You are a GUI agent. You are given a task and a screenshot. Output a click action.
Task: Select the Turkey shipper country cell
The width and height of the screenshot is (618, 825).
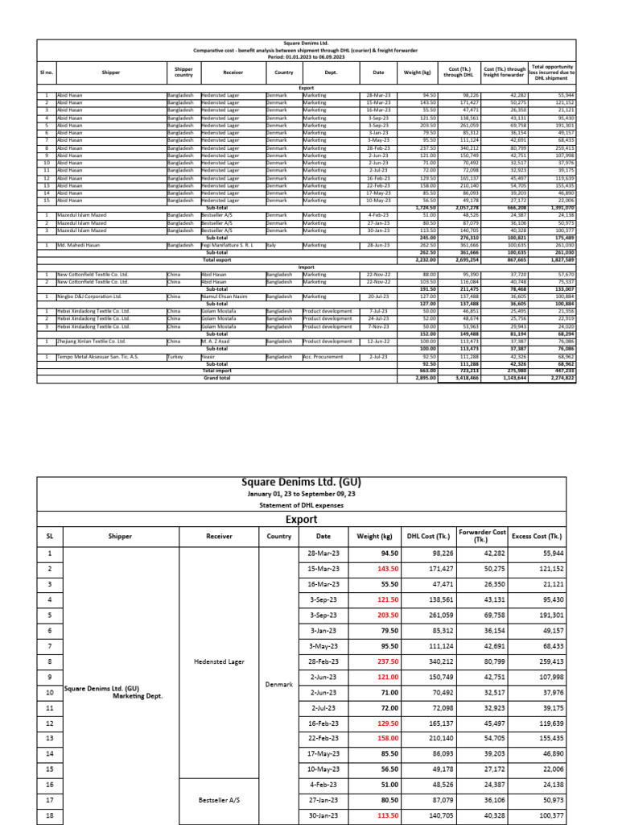(x=175, y=356)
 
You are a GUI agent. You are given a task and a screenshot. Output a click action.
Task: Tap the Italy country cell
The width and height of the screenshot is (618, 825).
(x=271, y=244)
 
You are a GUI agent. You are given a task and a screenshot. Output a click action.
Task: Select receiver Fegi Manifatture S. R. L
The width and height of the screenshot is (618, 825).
(x=229, y=244)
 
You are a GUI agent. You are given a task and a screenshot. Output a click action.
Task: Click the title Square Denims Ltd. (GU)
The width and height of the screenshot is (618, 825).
(x=301, y=483)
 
